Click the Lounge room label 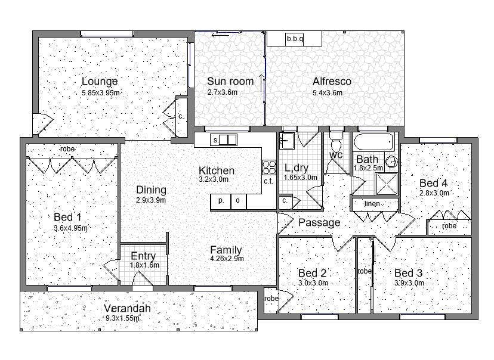click(x=100, y=81)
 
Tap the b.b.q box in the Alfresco click(x=294, y=39)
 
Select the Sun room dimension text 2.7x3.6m click(x=223, y=92)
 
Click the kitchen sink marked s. click(x=223, y=139)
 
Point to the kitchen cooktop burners click(x=269, y=167)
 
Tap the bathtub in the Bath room click(x=373, y=142)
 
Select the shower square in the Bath click(x=386, y=184)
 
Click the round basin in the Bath click(x=391, y=162)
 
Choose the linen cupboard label click(x=372, y=204)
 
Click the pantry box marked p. click(x=221, y=201)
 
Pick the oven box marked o click(x=239, y=201)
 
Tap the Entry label click(x=143, y=256)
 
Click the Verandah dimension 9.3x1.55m click(x=122, y=318)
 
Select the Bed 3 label click(x=408, y=273)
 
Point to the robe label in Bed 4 click(x=449, y=226)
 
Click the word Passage click(x=319, y=222)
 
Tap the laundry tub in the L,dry click(x=287, y=140)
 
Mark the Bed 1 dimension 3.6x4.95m click(x=70, y=228)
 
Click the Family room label click(x=226, y=250)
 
